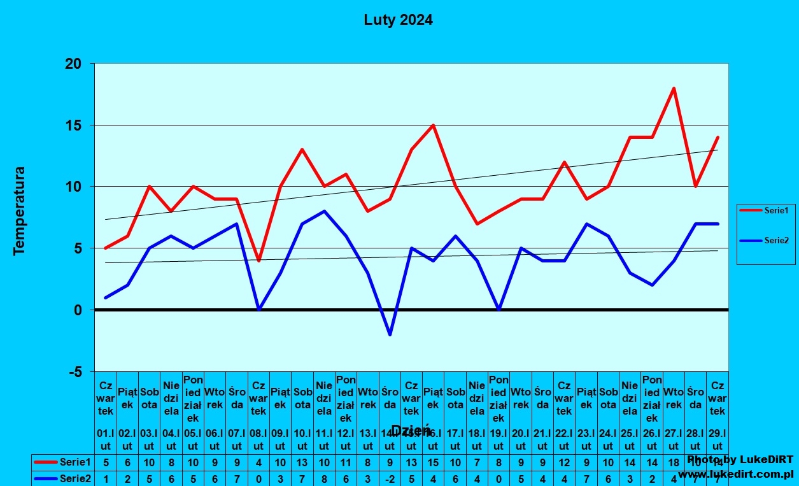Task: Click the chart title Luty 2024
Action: coord(398,20)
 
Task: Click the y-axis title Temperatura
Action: coord(19,211)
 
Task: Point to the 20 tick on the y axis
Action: coord(73,64)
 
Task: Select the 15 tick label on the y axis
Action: coord(73,125)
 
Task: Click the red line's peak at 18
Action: coord(674,89)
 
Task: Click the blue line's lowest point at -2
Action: coord(390,334)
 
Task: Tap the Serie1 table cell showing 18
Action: coord(674,462)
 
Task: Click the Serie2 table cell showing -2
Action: coord(390,478)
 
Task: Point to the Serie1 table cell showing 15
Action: coord(434,462)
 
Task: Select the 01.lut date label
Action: coord(106,440)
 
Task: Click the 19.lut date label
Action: coord(499,440)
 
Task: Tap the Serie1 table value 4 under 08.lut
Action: coord(258,462)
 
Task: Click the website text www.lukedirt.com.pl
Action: coord(735,475)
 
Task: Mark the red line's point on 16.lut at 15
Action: coord(434,125)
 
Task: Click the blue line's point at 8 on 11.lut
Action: coord(324,211)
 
